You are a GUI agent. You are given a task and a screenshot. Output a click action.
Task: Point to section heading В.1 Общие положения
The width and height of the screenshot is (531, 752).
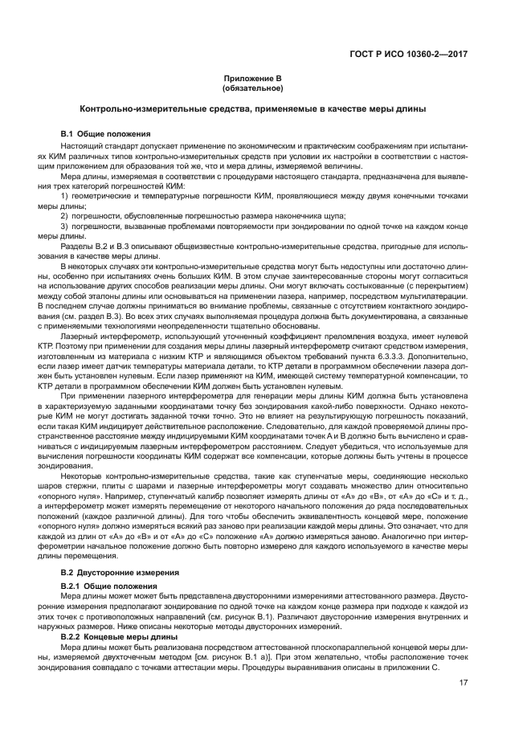pyautogui.click(x=105, y=133)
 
